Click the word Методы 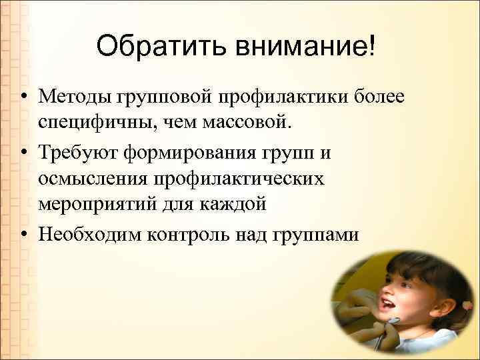(x=75, y=98)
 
